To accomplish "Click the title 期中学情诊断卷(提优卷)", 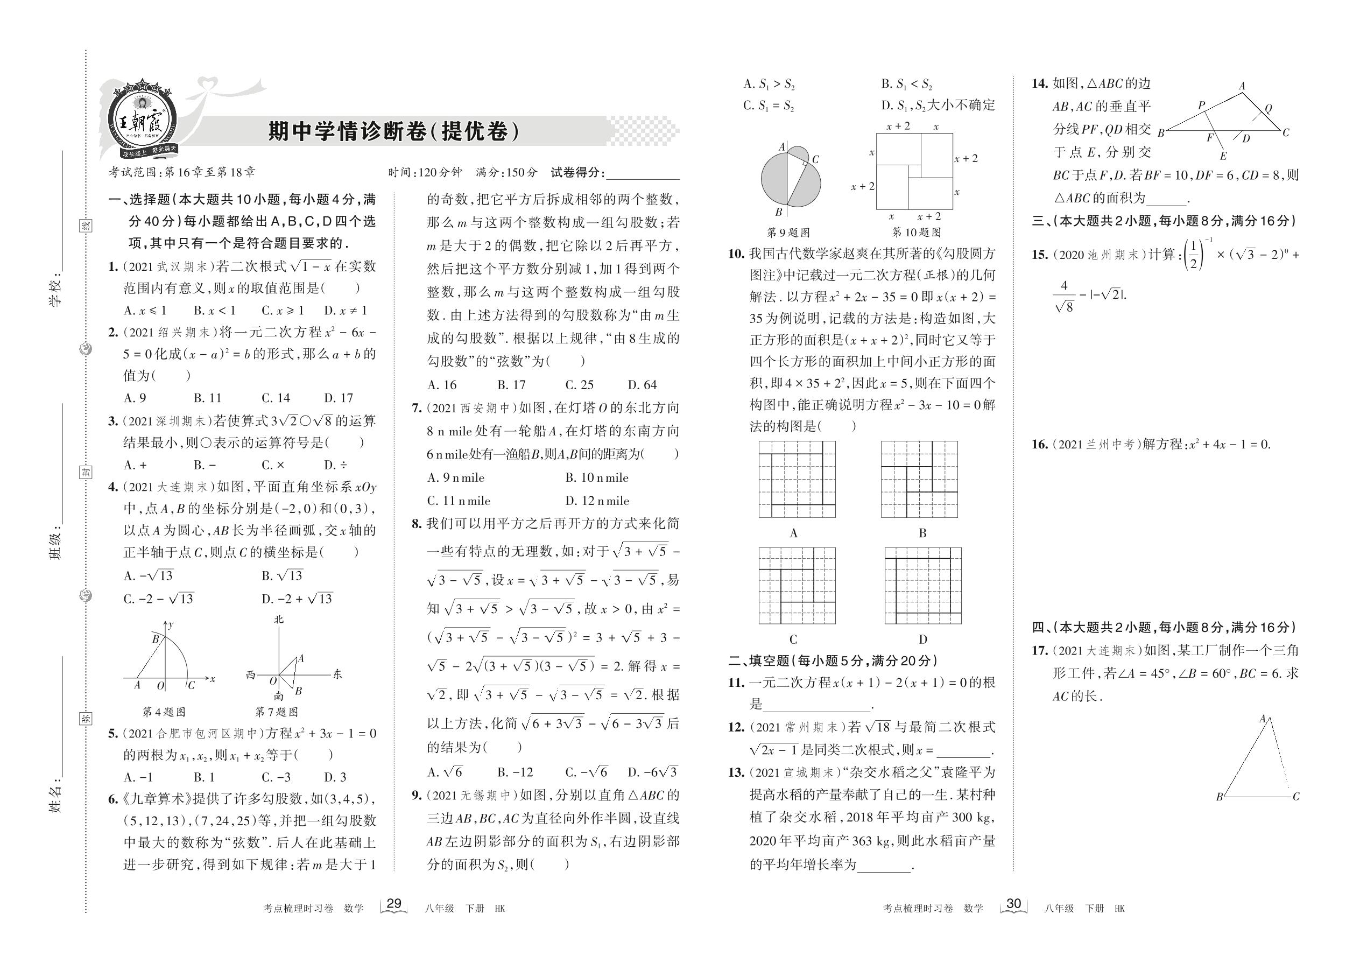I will [x=393, y=131].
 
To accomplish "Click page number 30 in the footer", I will [x=1013, y=904].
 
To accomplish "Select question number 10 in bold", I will [x=736, y=254].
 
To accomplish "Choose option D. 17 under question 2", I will [x=338, y=398].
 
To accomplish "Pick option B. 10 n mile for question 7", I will [x=596, y=478].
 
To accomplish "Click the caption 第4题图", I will [x=164, y=712].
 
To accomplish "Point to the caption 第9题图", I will [x=788, y=233].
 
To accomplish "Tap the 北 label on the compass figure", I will [x=279, y=619].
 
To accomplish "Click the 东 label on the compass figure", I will [x=337, y=674].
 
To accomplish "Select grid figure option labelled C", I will [x=797, y=585].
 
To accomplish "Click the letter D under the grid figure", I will [x=922, y=639].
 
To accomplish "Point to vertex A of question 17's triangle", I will [x=1262, y=719].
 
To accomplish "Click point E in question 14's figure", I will [x=1223, y=157].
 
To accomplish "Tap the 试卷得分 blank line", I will [x=643, y=173].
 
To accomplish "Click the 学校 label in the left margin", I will [x=55, y=291].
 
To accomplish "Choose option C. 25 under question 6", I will [x=579, y=385].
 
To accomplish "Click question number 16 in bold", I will [x=1039, y=444].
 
